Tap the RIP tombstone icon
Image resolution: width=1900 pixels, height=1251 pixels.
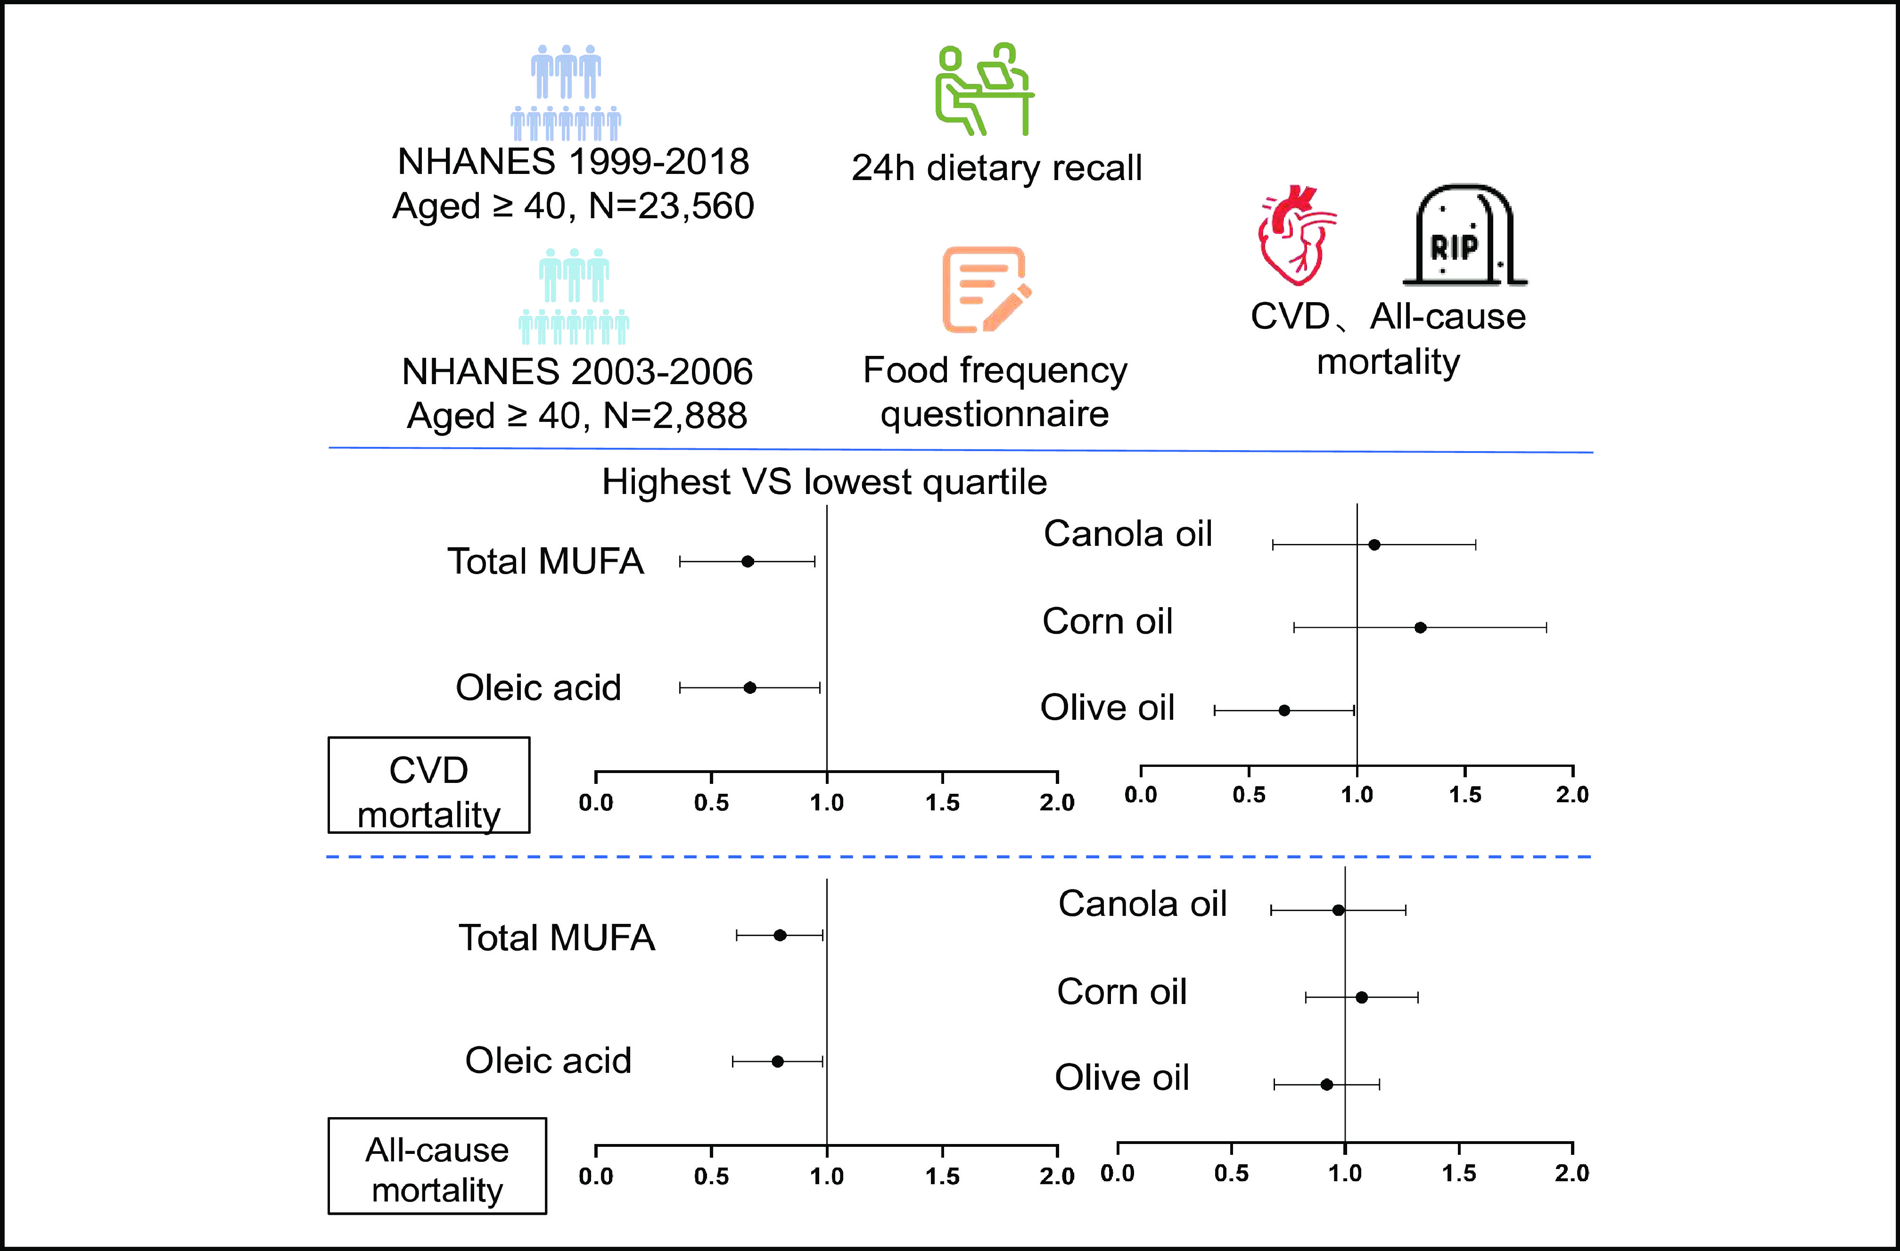pos(1464,236)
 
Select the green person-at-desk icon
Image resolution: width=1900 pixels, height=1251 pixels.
pos(984,90)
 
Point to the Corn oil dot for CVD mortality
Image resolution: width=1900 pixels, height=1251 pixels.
pos(1420,627)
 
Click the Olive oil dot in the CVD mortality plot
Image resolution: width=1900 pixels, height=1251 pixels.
pos(1283,710)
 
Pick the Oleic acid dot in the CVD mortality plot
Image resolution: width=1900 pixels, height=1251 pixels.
pos(749,687)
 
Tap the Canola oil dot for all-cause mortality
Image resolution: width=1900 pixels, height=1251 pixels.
pos(1339,910)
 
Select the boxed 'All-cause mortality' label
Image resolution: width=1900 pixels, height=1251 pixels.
pos(437,1166)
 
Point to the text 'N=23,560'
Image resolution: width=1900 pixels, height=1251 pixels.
pos(671,206)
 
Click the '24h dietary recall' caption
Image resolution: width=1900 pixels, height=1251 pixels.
pos(996,168)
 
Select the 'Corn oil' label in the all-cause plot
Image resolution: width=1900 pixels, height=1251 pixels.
pos(1122,992)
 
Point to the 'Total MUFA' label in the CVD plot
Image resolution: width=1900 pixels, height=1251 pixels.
pos(545,561)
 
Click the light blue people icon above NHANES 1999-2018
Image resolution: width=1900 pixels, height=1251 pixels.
pos(566,92)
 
